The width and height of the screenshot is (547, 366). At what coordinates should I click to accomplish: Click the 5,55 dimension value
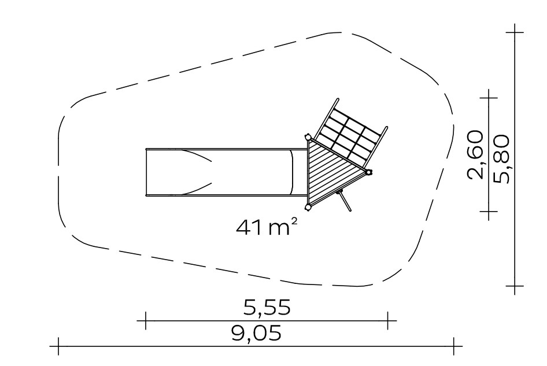click(267, 308)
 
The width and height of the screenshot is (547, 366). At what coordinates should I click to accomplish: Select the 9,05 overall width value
click(256, 333)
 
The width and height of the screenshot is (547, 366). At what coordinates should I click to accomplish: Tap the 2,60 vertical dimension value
click(475, 155)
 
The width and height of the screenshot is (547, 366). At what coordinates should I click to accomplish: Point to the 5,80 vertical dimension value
click(502, 159)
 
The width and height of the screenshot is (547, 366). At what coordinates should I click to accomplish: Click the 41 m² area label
click(267, 227)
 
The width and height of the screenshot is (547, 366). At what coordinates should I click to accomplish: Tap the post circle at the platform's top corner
click(308, 136)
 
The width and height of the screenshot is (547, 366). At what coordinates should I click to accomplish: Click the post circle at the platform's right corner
click(369, 171)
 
